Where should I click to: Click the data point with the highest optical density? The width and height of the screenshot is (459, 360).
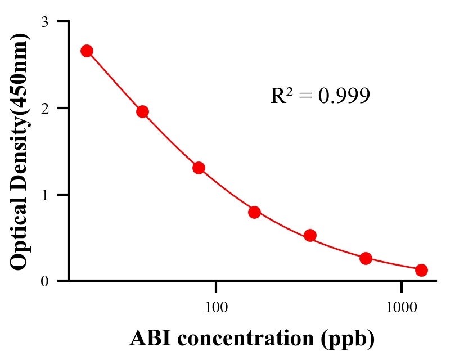(87, 51)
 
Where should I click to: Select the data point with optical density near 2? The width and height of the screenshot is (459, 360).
(143, 111)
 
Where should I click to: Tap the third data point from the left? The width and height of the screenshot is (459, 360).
(199, 168)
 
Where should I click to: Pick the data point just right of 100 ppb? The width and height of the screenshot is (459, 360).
(254, 212)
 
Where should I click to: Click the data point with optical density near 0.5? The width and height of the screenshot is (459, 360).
(310, 235)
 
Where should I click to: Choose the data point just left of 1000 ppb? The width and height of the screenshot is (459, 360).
(366, 258)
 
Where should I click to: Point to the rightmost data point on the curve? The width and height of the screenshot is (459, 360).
(421, 270)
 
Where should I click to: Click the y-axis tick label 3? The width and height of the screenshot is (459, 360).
(44, 22)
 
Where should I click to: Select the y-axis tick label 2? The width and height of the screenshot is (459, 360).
(44, 108)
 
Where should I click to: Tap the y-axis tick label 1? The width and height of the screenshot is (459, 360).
(44, 195)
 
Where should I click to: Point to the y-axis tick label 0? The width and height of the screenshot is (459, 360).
(44, 281)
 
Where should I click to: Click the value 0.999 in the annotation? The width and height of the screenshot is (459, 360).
(344, 96)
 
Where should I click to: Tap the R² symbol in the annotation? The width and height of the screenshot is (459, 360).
(281, 96)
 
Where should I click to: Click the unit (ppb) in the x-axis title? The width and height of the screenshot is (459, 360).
(349, 339)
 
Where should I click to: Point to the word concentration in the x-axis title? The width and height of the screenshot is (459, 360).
(247, 338)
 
